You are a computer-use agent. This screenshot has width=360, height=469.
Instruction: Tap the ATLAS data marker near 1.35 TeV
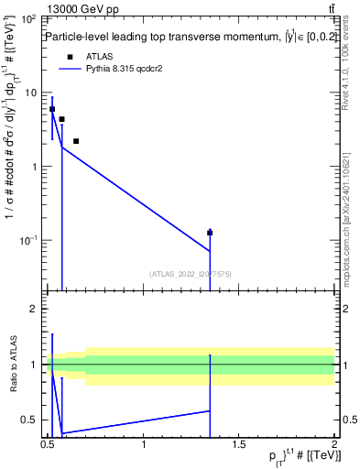[210, 233]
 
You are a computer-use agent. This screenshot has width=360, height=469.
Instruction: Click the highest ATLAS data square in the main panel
[52, 109]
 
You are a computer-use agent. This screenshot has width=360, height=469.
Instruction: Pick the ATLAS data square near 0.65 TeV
[76, 141]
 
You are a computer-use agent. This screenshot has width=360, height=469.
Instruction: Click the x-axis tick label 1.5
[240, 444]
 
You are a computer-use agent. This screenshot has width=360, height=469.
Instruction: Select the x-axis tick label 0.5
[48, 444]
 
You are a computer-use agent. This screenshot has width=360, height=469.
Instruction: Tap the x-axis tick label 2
[334, 444]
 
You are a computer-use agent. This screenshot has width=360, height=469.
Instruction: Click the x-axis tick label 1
[145, 444]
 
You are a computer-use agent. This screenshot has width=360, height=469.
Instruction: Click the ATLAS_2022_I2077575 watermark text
[191, 273]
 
